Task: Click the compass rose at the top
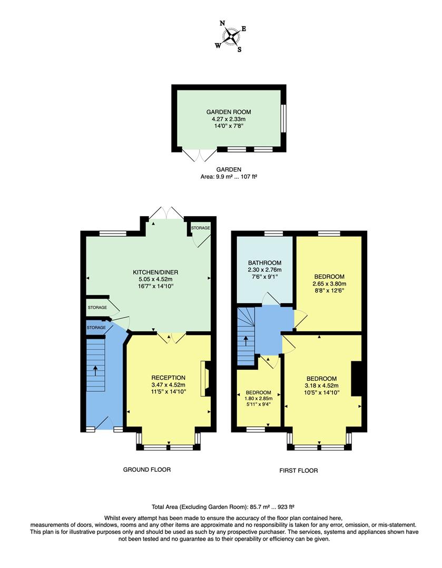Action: [231, 36]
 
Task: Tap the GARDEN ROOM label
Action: [228, 112]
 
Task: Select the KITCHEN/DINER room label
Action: [155, 272]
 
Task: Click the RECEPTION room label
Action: [168, 378]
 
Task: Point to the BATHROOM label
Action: [264, 263]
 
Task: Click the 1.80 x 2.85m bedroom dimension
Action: [258, 399]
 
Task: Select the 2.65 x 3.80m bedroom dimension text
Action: [329, 284]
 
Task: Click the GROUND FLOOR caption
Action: [146, 470]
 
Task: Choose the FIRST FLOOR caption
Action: [299, 471]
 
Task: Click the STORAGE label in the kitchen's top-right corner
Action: [200, 228]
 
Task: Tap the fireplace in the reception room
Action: [204, 378]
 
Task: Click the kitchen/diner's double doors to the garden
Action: [166, 214]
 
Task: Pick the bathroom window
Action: [273, 234]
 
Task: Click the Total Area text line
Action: [220, 508]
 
